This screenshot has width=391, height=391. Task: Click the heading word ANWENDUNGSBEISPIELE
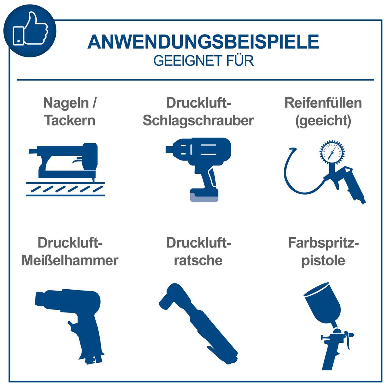click(x=203, y=42)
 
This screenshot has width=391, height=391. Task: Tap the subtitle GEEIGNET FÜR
click(x=203, y=61)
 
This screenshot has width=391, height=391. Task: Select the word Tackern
click(x=70, y=120)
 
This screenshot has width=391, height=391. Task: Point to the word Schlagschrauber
click(x=198, y=120)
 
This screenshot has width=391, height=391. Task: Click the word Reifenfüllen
click(x=323, y=103)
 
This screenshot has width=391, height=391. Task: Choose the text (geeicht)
click(x=323, y=120)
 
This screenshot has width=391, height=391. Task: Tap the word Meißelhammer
click(x=70, y=260)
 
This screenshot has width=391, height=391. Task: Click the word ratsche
click(x=198, y=260)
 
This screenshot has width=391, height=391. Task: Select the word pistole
click(x=323, y=260)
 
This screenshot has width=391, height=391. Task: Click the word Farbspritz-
click(x=323, y=243)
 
